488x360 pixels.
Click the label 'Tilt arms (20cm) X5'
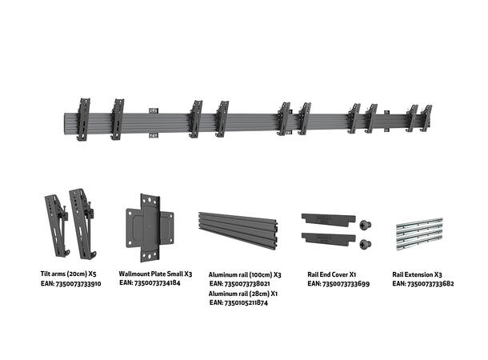point(69,272)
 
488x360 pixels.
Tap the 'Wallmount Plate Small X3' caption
point(155,272)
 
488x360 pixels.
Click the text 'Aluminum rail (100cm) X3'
point(244,273)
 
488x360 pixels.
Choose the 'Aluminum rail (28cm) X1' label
point(243,294)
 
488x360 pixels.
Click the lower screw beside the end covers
point(366,242)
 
